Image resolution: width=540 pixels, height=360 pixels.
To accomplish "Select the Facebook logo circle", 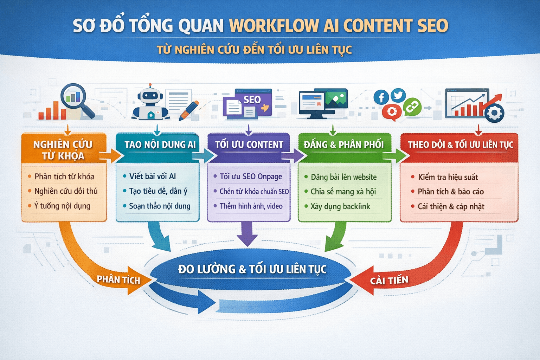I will [381, 97].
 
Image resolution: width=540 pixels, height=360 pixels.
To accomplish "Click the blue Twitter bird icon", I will [398, 95].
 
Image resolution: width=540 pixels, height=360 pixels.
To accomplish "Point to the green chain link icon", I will [412, 107].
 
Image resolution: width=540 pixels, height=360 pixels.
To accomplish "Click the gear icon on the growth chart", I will [494, 113].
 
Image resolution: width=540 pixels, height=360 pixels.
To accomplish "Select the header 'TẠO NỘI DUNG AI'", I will [160, 144].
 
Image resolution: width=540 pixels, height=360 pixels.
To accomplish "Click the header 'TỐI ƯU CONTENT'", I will [249, 144].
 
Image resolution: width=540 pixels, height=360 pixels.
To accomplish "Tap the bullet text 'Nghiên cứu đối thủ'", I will [66, 191].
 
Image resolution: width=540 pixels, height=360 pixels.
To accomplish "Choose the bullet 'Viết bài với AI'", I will [152, 176].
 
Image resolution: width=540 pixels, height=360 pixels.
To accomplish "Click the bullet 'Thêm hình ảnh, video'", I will [251, 206].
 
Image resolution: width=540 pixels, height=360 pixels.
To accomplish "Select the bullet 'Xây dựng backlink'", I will [340, 206].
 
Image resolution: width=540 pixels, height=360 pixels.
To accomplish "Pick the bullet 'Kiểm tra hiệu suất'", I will [448, 177].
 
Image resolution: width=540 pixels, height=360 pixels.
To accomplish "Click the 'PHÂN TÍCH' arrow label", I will [118, 280].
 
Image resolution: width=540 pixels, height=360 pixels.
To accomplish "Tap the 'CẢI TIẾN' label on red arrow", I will [389, 281].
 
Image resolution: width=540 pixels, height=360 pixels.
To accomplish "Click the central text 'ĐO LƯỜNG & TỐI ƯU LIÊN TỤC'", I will [252, 269].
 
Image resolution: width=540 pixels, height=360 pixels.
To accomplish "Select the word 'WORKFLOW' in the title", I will [274, 26].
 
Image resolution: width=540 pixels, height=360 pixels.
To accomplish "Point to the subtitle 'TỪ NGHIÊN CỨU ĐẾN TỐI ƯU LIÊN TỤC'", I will [254, 50].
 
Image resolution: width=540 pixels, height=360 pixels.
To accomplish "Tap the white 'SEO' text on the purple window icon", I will [252, 100].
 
